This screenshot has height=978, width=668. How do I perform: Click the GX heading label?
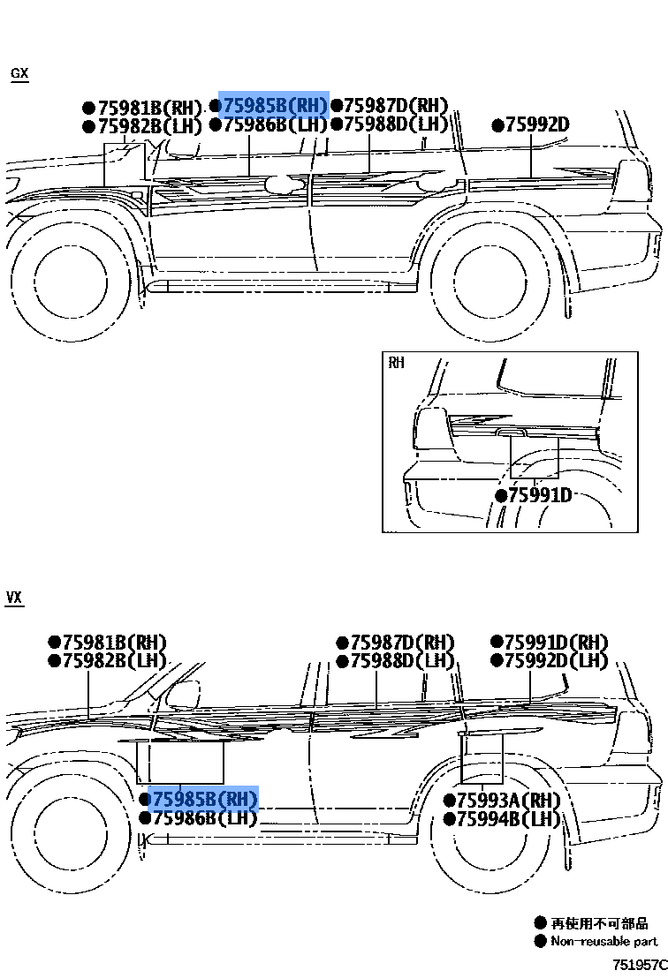pos(19,73)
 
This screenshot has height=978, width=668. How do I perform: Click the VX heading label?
pos(14,598)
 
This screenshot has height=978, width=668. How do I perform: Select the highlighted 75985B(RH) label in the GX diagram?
pos(274,105)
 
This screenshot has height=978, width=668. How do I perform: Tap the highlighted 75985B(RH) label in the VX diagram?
pos(204,799)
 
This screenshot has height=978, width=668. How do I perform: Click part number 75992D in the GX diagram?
pos(537,124)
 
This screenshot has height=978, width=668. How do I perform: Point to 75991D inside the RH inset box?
pos(540,494)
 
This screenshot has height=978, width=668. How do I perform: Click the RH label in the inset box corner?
pos(396,363)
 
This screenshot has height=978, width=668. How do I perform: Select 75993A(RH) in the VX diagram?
pos(508,800)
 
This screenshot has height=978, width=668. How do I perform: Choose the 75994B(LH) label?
pos(508,819)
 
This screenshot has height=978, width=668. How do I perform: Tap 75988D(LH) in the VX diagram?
pos(401,661)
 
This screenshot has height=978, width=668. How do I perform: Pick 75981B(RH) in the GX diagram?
pos(149,108)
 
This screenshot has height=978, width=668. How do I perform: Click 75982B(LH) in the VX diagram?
pos(113,661)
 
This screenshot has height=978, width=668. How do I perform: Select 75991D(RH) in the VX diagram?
pos(556,642)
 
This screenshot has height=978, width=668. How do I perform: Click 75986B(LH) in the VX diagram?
pos(204,818)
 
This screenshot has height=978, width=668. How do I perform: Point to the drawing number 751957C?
pos(639,964)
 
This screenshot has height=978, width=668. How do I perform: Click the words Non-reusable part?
pos(603,942)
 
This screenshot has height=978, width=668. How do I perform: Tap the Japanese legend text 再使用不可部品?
pos(599,923)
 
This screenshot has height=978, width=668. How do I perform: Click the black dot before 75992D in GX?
pos(498,125)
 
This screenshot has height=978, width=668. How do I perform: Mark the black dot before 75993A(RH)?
pos(449,801)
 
